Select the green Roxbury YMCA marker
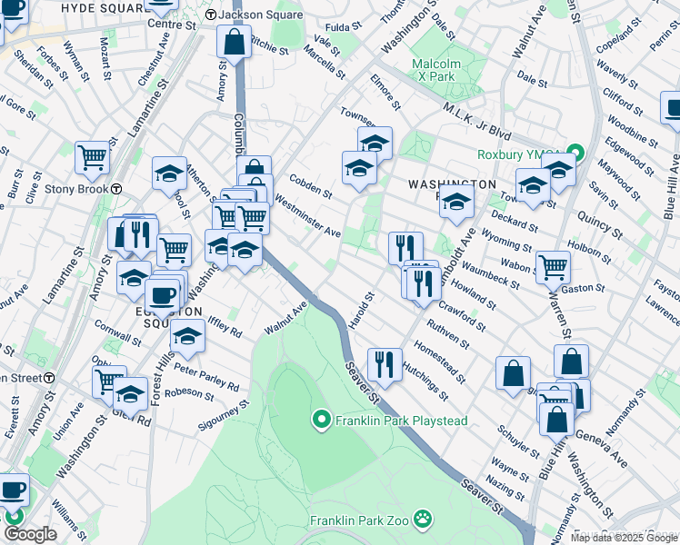coord(575,152)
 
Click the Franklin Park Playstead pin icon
coord(320,420)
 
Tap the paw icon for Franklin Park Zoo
coord(423,520)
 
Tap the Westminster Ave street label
coord(306,219)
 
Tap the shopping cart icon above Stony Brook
coord(93,157)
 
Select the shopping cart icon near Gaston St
coord(553,266)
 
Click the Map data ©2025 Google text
coord(624,538)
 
